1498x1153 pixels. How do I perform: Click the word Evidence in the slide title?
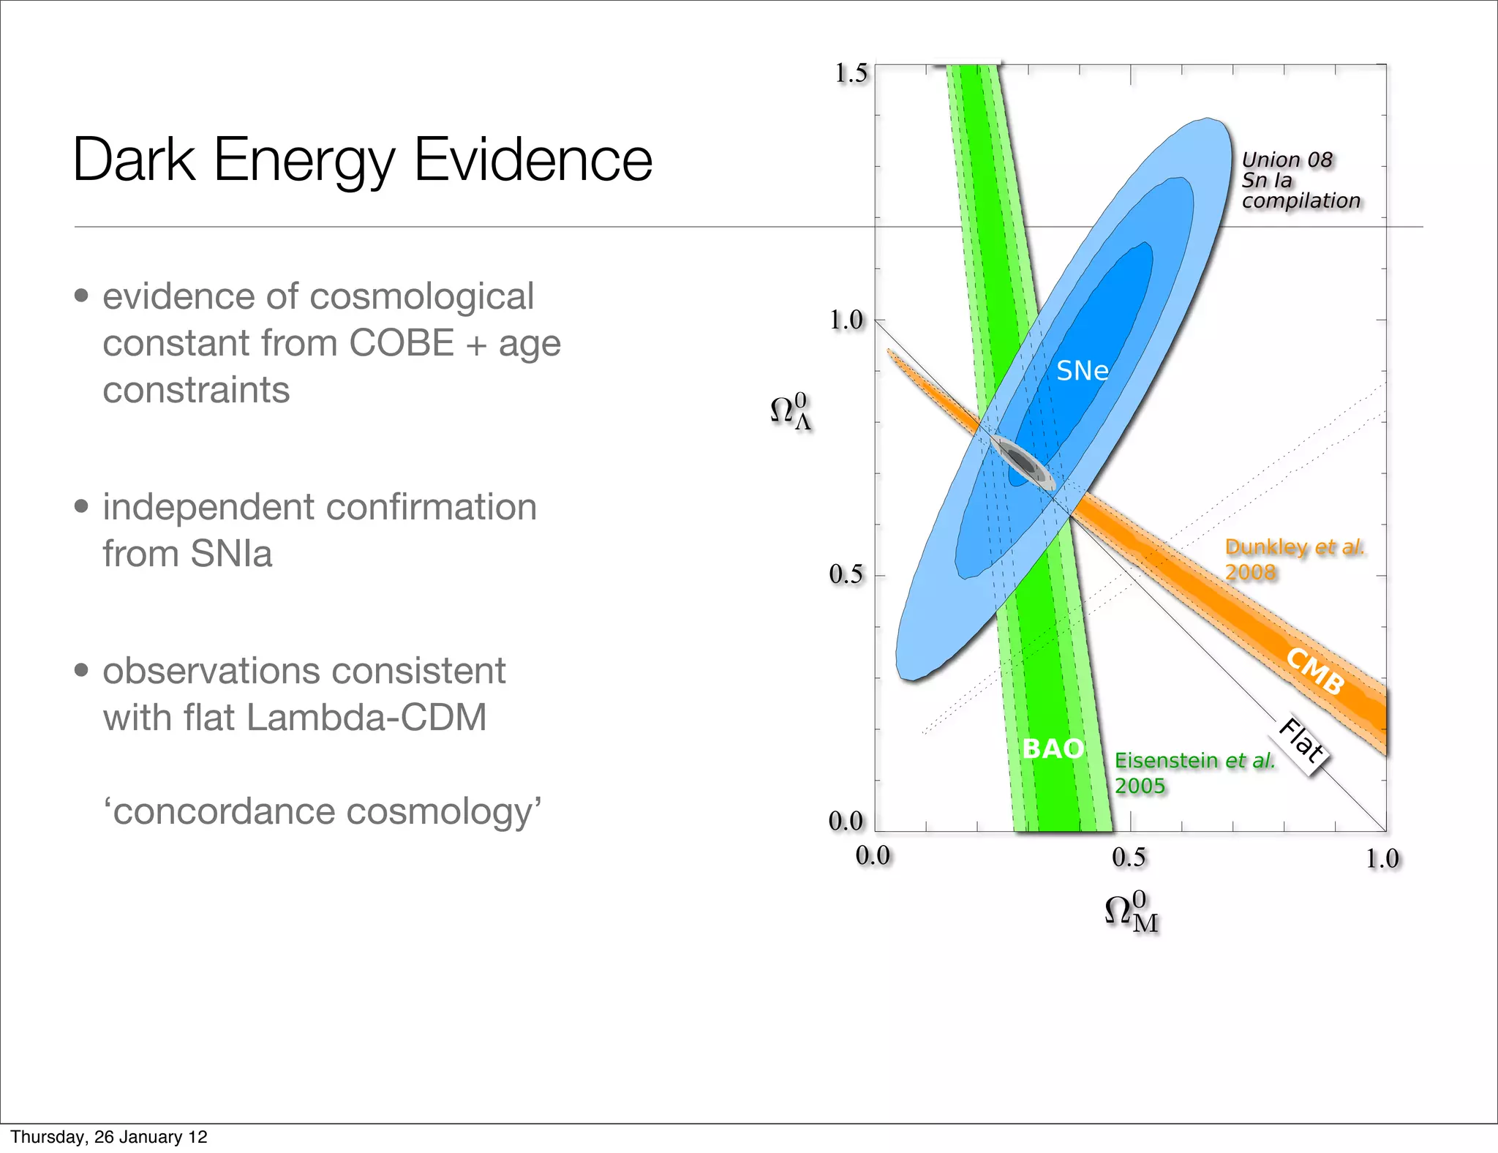(x=533, y=159)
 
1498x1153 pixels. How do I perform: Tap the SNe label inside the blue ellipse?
(x=1082, y=372)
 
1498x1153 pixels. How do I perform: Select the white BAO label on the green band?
(x=1053, y=748)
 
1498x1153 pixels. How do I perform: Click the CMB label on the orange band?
(x=1315, y=671)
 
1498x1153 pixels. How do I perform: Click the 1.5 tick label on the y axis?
(x=851, y=73)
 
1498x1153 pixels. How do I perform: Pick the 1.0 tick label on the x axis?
(x=1382, y=859)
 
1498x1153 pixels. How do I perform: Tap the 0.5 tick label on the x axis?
(x=1129, y=857)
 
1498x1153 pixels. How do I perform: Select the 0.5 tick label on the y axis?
(x=846, y=575)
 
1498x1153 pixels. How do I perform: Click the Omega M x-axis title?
(x=1131, y=912)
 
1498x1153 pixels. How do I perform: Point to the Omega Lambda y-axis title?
(x=791, y=411)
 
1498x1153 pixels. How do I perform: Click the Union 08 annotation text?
(x=1287, y=160)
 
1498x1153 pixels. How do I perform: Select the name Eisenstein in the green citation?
(x=1167, y=761)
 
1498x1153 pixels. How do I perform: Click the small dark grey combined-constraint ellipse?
(x=1022, y=462)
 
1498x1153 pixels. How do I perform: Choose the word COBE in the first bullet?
(x=402, y=343)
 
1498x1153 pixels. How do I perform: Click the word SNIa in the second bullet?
(x=231, y=554)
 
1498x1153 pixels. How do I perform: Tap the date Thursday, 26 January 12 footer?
(x=109, y=1136)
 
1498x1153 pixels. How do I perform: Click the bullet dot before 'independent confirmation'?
(x=81, y=506)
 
